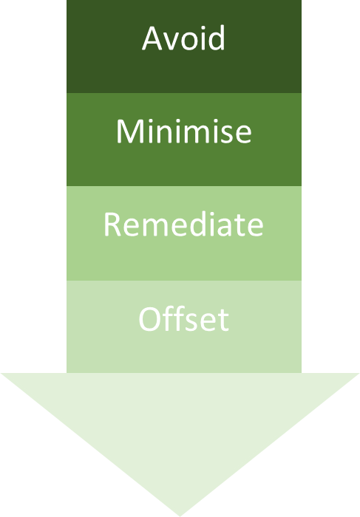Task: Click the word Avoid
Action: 183,38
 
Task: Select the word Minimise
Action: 183,131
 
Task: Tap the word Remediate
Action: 183,225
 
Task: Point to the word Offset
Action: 183,319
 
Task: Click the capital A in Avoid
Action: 152,38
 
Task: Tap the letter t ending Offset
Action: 223,321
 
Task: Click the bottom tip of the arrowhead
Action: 180,514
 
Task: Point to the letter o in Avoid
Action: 189,41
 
